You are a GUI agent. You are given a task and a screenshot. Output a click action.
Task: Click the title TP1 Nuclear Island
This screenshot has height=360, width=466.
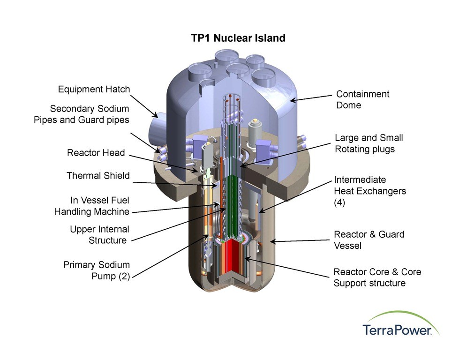tap(238, 38)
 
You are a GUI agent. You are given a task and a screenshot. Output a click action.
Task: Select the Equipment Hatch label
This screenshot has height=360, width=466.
tap(94, 89)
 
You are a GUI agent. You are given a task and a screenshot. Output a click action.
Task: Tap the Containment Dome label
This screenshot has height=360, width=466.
tap(362, 99)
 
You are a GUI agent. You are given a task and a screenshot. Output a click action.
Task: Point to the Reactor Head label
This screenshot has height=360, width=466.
tap(96, 152)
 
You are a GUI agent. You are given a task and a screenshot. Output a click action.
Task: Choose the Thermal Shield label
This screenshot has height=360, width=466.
tap(98, 175)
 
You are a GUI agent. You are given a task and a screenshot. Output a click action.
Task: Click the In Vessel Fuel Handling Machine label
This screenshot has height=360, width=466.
tap(92, 206)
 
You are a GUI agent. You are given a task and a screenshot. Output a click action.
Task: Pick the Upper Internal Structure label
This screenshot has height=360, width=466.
tap(99, 234)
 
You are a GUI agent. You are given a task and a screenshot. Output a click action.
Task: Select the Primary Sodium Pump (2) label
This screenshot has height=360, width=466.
tap(97, 270)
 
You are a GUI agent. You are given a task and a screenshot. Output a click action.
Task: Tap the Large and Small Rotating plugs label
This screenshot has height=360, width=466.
tap(369, 143)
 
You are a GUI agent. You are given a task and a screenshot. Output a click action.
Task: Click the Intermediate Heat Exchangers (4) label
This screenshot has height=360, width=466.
tap(370, 191)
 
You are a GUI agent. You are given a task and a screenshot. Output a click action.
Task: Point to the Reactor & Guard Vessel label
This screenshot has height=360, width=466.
tap(369, 240)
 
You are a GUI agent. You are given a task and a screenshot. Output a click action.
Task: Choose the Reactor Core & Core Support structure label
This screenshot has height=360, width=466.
tap(377, 277)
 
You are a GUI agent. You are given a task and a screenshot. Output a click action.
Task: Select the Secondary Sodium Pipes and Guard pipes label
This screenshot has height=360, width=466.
tap(82, 114)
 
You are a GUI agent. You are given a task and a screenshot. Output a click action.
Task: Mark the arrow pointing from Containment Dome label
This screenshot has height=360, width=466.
tap(310, 98)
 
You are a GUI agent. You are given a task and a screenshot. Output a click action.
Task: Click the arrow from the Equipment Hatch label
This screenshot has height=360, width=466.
tap(144, 106)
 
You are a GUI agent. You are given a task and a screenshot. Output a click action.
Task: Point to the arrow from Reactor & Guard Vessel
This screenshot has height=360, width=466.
tap(300, 241)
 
